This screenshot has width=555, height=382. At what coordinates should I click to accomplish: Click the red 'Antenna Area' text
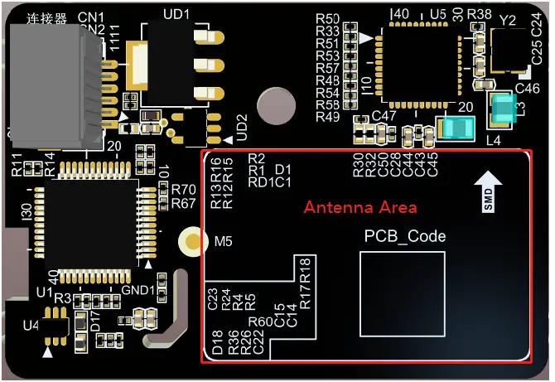pos(360,207)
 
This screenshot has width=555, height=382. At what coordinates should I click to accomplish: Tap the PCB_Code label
pos(405,236)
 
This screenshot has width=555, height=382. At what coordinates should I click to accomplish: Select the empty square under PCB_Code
pos(402,293)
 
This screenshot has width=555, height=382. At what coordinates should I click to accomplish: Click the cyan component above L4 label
pos(457,128)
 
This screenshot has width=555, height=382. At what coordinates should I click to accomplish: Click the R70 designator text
pos(183,190)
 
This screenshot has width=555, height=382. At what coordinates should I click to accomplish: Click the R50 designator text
pos(328,19)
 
